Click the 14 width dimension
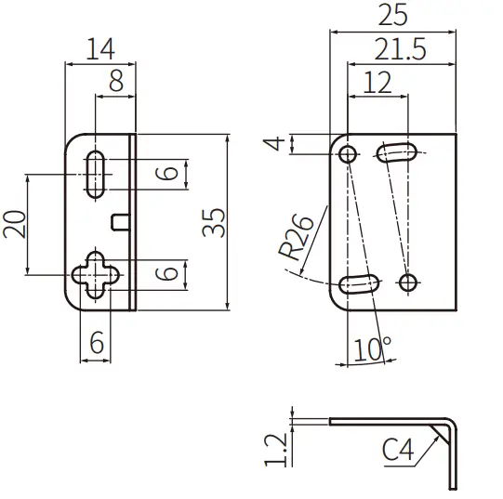pyautogui.click(x=100, y=49)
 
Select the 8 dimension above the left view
pyautogui.click(x=116, y=82)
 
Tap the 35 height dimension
pyautogui.click(x=215, y=223)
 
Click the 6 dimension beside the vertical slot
pyautogui.click(x=165, y=174)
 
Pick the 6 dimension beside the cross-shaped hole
pyautogui.click(x=165, y=273)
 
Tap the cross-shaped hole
pyautogui.click(x=97, y=273)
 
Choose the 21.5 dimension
pyautogui.click(x=401, y=49)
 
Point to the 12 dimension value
pyautogui.click(x=376, y=83)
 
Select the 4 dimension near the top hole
pyautogui.click(x=271, y=144)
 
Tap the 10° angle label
pyautogui.click(x=372, y=350)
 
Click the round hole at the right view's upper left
pyautogui.click(x=348, y=154)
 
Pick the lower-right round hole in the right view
pyautogui.click(x=406, y=282)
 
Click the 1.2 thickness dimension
pyautogui.click(x=273, y=449)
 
